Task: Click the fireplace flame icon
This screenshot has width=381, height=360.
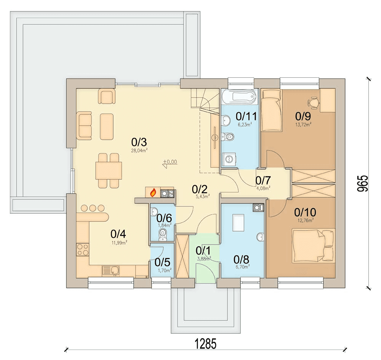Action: coord(153,193)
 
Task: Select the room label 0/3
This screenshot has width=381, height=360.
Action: coord(139,142)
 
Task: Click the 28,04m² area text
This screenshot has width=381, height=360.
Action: coord(139,150)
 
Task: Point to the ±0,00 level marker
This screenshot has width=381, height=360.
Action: coord(170,162)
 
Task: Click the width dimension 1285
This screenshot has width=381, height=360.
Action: coord(205,344)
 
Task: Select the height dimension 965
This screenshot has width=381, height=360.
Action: coord(363,184)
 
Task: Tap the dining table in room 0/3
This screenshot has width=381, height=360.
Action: coord(109,171)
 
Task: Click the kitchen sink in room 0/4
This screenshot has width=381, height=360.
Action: coord(110,270)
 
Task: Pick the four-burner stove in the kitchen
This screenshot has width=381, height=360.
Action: coord(82,250)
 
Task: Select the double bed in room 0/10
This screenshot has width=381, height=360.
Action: coord(313,245)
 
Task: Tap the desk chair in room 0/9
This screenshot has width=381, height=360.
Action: coord(313,102)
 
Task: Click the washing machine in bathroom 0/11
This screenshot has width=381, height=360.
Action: coord(229,159)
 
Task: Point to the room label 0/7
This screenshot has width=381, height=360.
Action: coord(263,181)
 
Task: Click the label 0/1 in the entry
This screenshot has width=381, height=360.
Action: coord(203,251)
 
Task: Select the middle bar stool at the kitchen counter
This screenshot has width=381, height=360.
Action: coord(93,208)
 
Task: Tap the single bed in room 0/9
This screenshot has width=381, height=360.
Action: coord(272,110)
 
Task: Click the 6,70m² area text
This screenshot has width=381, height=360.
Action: coord(242,267)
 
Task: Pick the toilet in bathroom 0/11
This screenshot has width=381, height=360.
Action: coord(228,136)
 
